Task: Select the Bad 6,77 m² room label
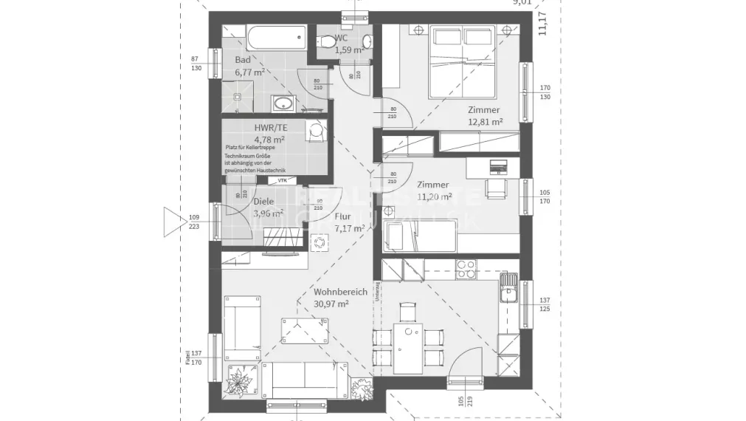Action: pos(249,66)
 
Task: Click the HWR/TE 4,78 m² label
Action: pos(270,133)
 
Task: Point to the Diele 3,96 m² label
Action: pos(267,208)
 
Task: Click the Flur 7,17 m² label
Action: pos(348,222)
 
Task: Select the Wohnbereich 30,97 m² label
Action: pos(340,298)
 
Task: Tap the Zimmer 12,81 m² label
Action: pos(485,116)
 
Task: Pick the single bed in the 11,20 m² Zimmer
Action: pos(421,237)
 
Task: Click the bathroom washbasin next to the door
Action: pos(282,103)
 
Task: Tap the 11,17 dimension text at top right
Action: pos(543,24)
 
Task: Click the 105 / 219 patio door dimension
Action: pos(462,404)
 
